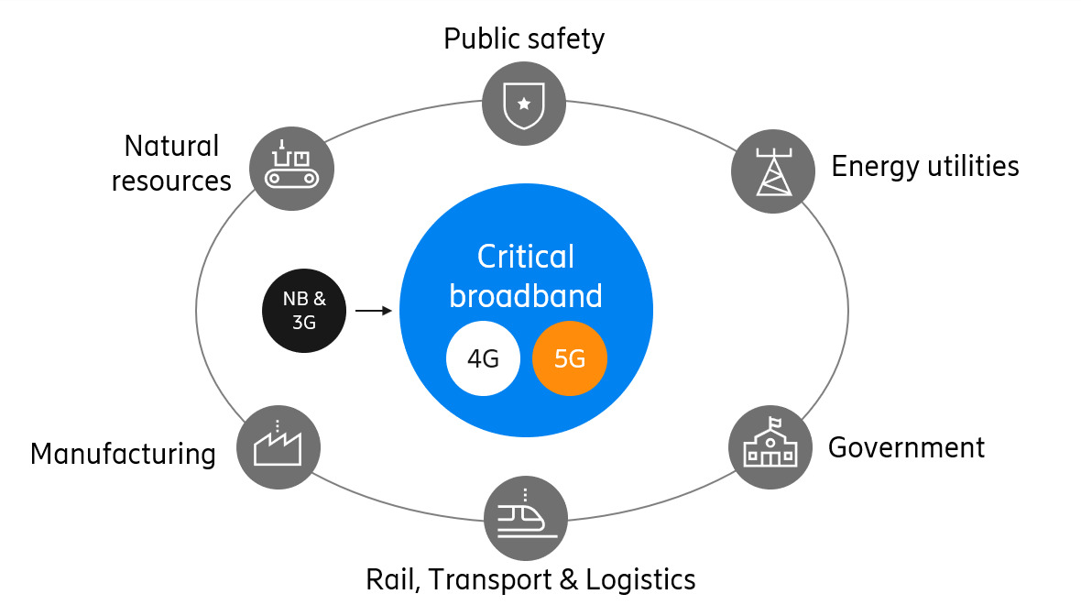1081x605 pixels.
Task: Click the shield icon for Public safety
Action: pos(524,103)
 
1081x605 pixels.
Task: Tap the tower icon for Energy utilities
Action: pos(773,171)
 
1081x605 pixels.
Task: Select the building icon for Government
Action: pos(770,446)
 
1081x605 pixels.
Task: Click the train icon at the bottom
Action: pos(526,518)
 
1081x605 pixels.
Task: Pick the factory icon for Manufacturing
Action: pos(278,447)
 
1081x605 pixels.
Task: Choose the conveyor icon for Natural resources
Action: pos(291,168)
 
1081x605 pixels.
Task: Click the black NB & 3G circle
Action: pos(305,312)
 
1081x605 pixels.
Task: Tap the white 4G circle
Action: pos(483,358)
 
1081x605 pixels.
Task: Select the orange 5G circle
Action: pos(570,358)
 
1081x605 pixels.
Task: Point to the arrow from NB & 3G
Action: pos(373,312)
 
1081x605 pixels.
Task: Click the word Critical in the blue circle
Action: pos(526,257)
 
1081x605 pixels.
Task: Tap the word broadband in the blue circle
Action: pos(526,296)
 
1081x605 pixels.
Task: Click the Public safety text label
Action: pos(524,39)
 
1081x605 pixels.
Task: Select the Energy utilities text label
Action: pos(924,166)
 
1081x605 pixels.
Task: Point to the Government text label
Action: pos(906,447)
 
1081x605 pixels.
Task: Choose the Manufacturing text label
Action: pos(123,454)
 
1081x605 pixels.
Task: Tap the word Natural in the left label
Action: pos(171,146)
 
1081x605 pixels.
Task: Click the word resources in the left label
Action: pos(171,181)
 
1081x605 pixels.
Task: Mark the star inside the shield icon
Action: pos(524,104)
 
